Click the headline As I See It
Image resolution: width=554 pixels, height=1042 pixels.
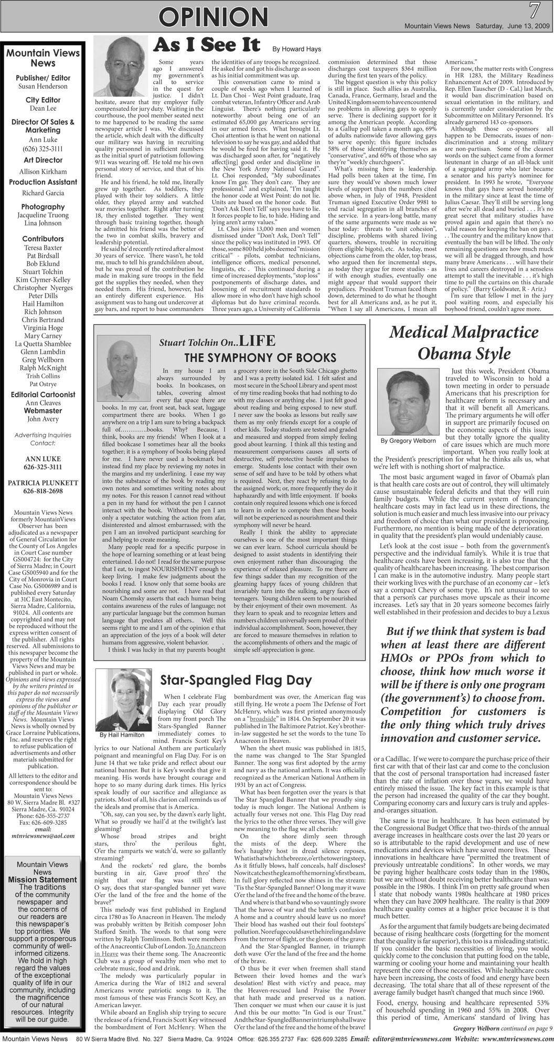(x=209, y=46)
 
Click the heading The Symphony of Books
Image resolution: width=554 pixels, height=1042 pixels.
(x=260, y=358)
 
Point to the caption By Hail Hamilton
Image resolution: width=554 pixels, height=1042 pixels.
(x=122, y=735)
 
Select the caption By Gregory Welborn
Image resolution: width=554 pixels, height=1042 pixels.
(x=408, y=441)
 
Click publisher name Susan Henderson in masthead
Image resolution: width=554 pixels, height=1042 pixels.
(x=42, y=86)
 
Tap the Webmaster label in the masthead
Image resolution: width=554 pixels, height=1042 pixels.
(x=42, y=411)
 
